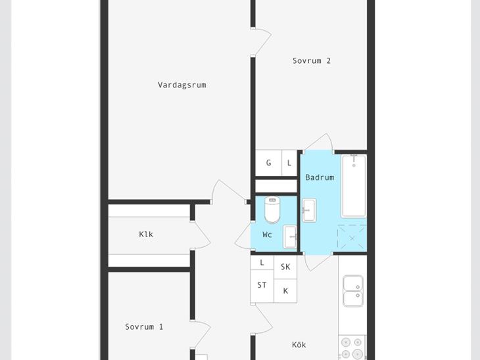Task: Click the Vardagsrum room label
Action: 182,85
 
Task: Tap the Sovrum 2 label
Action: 311,61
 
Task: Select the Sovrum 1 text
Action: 144,327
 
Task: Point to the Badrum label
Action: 320,177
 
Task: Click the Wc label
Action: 267,235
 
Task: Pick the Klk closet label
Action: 146,235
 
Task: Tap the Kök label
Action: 299,345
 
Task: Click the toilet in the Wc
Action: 272,210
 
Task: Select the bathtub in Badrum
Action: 354,186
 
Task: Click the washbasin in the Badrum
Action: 309,210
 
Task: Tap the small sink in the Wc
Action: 290,236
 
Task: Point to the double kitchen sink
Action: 353,291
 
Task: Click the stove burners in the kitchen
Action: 352,348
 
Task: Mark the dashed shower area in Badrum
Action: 352,238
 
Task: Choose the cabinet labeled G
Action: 268,163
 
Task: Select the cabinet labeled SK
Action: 285,267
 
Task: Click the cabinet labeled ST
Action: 262,286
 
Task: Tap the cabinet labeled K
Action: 285,291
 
